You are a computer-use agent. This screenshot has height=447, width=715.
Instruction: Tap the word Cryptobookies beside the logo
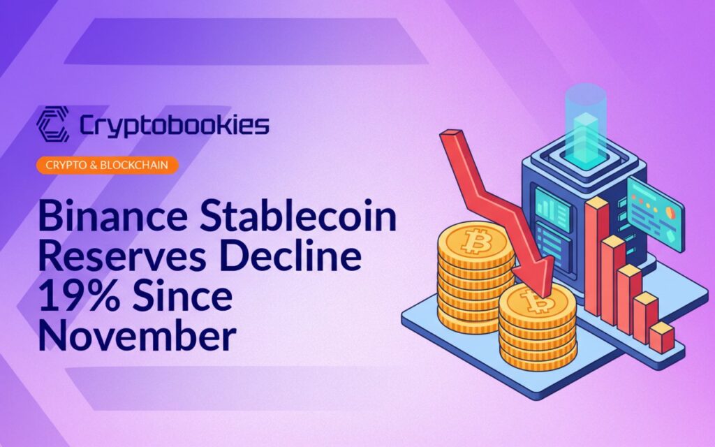174,126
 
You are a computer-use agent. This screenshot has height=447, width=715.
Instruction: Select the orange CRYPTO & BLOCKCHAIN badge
107,165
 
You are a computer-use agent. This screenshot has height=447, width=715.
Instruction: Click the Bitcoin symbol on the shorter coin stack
537,301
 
